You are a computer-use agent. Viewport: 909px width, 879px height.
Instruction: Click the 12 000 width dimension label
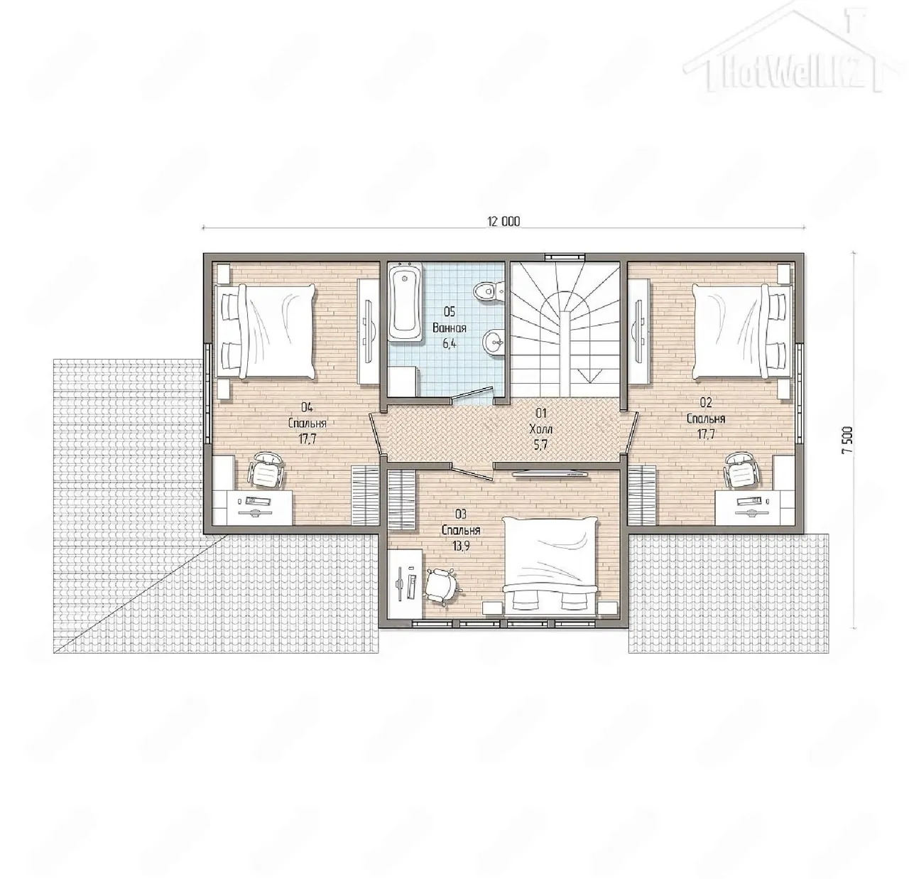pyautogui.click(x=504, y=221)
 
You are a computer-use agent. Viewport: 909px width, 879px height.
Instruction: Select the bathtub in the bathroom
pyautogui.click(x=406, y=302)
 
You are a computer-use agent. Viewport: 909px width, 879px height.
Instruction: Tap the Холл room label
pyautogui.click(x=541, y=428)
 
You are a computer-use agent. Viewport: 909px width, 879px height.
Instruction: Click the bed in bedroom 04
pyautogui.click(x=264, y=332)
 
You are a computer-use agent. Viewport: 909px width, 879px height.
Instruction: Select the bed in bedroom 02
pyautogui.click(x=743, y=332)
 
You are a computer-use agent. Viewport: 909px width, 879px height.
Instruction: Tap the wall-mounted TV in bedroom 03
pyautogui.click(x=550, y=475)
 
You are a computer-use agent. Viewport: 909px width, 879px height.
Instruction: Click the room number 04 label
pyautogui.click(x=307, y=407)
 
